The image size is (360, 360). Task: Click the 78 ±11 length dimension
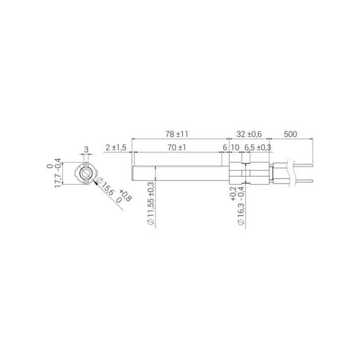coord(176,134)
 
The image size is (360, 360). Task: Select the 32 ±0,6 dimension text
coord(249,134)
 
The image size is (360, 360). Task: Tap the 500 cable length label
coord(290,134)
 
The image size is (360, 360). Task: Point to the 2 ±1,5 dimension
coord(116,148)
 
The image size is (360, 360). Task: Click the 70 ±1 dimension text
coord(176,148)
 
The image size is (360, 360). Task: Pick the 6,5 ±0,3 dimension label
coord(257,148)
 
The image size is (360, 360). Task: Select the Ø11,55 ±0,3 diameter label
coord(151,204)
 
